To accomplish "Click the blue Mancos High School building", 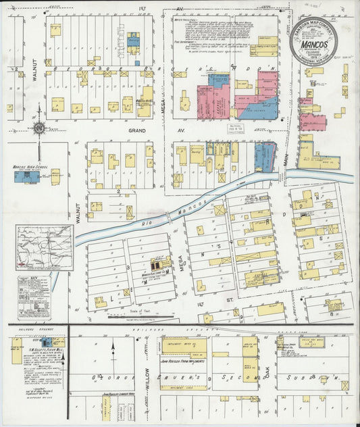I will point(27,177).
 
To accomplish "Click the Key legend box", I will point(34,296).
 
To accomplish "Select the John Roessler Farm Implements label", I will point(185,362).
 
